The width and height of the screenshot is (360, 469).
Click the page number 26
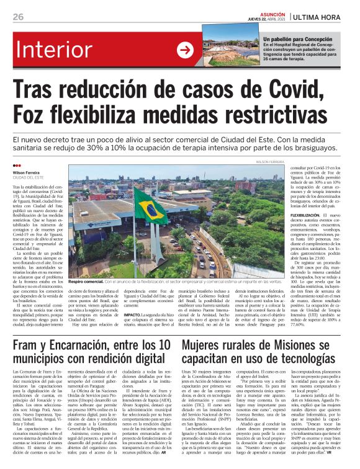pos(18,16)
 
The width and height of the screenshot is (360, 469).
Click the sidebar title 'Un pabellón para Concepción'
pos(296,38)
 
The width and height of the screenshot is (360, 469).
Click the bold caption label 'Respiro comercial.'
pos(90,282)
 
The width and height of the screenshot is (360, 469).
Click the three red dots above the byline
pos(17,166)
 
